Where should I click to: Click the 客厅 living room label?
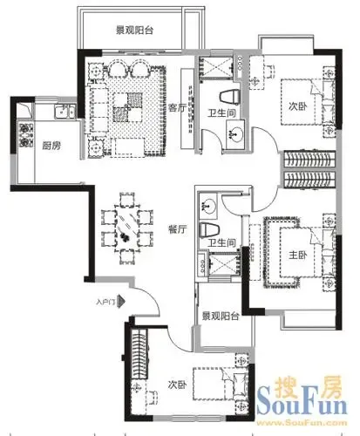pos(177,108)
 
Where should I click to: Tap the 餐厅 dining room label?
pos(177,229)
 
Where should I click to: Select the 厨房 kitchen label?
pos(51,146)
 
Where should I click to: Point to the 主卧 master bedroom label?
pos(297,255)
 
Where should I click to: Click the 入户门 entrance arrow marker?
pos(120,302)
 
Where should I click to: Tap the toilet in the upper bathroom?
pos(229,97)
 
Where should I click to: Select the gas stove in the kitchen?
pos(25,134)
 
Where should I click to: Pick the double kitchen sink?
pos(65,112)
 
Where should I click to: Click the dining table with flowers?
pos(127,228)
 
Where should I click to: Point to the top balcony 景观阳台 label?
pos(134,31)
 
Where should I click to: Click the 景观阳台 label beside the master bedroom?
pos(221,316)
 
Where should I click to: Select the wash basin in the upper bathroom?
pos(235,134)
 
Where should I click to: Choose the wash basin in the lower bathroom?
pos(207,206)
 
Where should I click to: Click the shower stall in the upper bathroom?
pos(216,68)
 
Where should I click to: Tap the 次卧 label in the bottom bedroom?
pos(177,385)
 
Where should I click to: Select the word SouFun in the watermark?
pos(302,402)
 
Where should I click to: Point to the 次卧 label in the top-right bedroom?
pos(297,106)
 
